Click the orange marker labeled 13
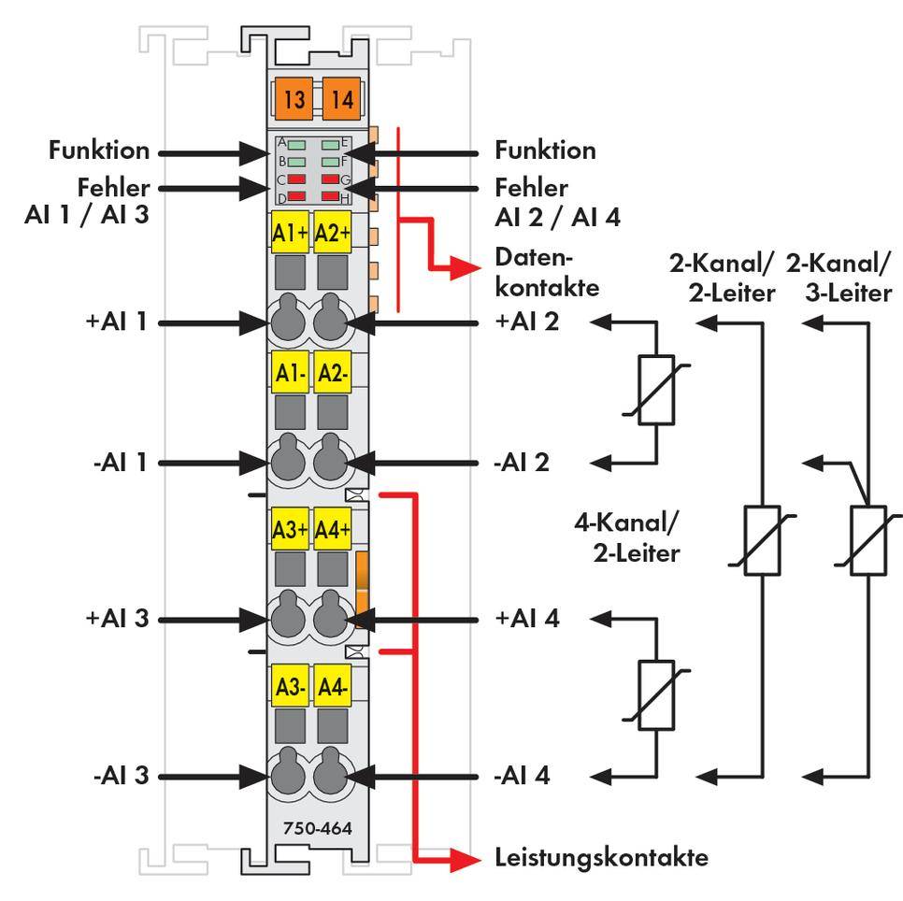point(294,99)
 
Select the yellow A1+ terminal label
point(290,233)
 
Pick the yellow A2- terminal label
point(333,373)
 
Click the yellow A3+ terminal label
point(290,530)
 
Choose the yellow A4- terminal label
point(333,687)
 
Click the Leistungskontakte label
point(600,857)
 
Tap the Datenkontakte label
point(546,271)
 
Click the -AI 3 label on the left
point(122,776)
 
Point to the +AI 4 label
point(527,618)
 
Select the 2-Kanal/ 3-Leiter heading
point(838,278)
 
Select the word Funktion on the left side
point(98,150)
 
